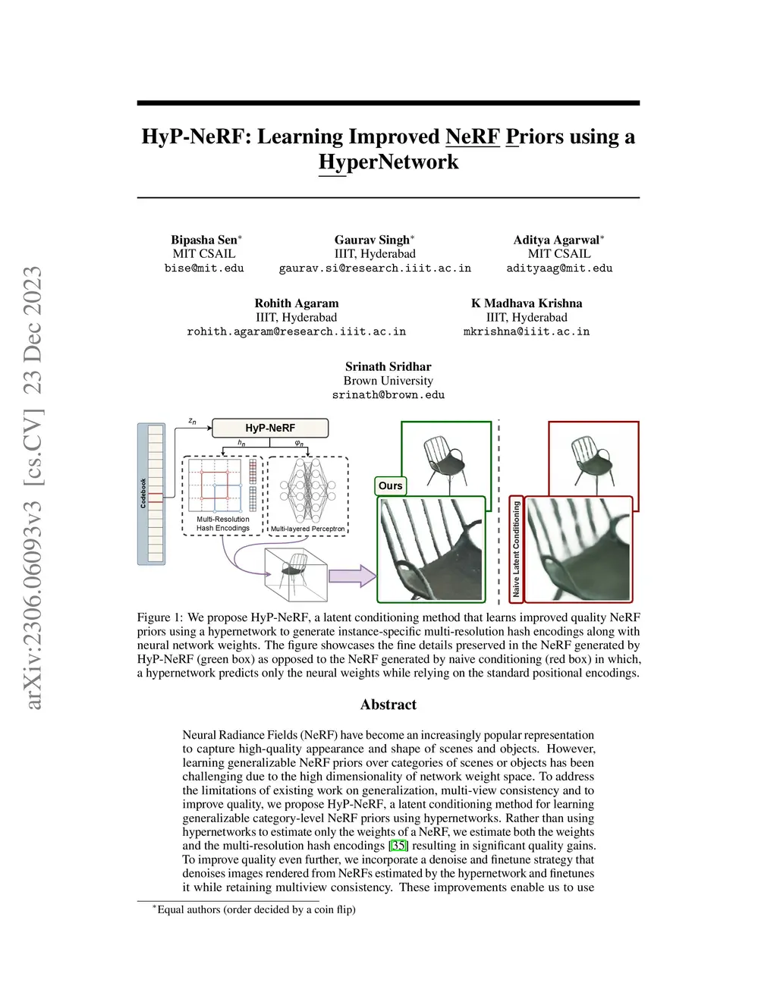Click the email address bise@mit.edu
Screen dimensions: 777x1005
tap(204, 269)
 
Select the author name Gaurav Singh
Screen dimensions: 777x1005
tap(372, 240)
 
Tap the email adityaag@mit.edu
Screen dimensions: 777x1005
tap(559, 269)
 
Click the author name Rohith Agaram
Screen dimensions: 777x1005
tap(297, 303)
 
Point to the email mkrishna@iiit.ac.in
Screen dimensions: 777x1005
tap(527, 331)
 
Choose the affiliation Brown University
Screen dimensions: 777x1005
tap(388, 380)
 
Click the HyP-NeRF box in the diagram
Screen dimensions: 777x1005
tap(270, 428)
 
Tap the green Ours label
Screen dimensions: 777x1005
tap(390, 485)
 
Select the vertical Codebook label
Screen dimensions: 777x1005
tap(143, 493)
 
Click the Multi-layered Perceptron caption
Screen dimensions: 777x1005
tap(307, 528)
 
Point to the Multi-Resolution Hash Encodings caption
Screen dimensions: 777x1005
tap(223, 523)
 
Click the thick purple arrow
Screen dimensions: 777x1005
tap(352, 576)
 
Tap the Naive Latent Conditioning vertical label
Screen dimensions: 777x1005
tap(516, 549)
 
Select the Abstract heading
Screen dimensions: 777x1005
tap(388, 704)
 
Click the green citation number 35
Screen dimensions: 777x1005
tap(398, 846)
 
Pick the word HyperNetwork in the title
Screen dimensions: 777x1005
tap(388, 162)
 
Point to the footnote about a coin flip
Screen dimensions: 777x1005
tap(254, 909)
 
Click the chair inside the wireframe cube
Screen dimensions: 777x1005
tap(294, 570)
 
